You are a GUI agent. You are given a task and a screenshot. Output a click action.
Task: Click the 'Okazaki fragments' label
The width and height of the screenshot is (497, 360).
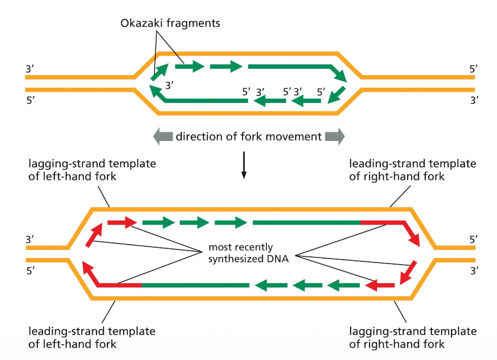170,23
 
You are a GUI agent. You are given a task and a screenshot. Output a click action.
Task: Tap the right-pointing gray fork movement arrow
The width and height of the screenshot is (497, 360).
334,137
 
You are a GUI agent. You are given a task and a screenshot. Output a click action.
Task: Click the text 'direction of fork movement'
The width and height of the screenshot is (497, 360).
248,137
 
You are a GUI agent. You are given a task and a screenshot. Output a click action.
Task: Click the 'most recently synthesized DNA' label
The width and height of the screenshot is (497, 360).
248,253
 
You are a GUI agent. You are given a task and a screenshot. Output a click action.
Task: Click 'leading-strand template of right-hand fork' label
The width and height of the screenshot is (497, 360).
412,170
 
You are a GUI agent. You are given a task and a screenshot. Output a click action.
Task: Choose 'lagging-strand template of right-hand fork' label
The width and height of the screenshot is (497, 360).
412,337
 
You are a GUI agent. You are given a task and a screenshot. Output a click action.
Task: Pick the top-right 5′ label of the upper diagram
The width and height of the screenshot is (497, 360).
474,69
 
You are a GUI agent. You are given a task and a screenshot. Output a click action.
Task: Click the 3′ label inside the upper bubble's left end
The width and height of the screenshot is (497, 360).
170,85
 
